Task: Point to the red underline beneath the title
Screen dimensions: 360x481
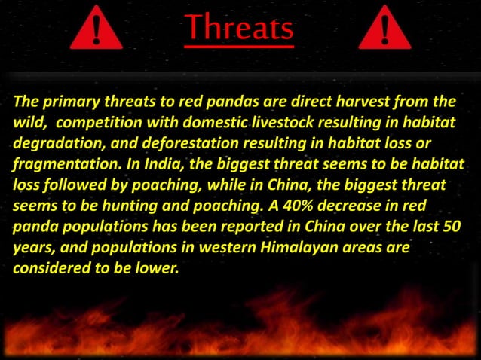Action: tap(239, 47)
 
